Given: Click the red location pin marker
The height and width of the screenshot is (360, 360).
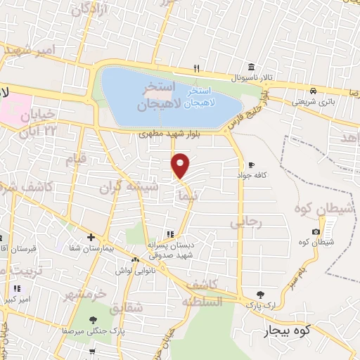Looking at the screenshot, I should coord(181,166).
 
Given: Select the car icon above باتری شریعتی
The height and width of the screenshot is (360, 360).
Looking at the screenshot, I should coord(311,91).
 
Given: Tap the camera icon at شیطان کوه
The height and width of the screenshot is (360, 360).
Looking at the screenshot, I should coord(316,232).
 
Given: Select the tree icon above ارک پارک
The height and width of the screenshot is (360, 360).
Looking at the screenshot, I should coord(261,295).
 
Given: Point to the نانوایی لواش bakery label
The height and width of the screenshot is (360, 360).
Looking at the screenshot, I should coord(129,271).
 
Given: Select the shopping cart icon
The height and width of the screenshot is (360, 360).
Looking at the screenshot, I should coord(92,350).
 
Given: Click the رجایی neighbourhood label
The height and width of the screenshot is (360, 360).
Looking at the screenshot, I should coord(245,222).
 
